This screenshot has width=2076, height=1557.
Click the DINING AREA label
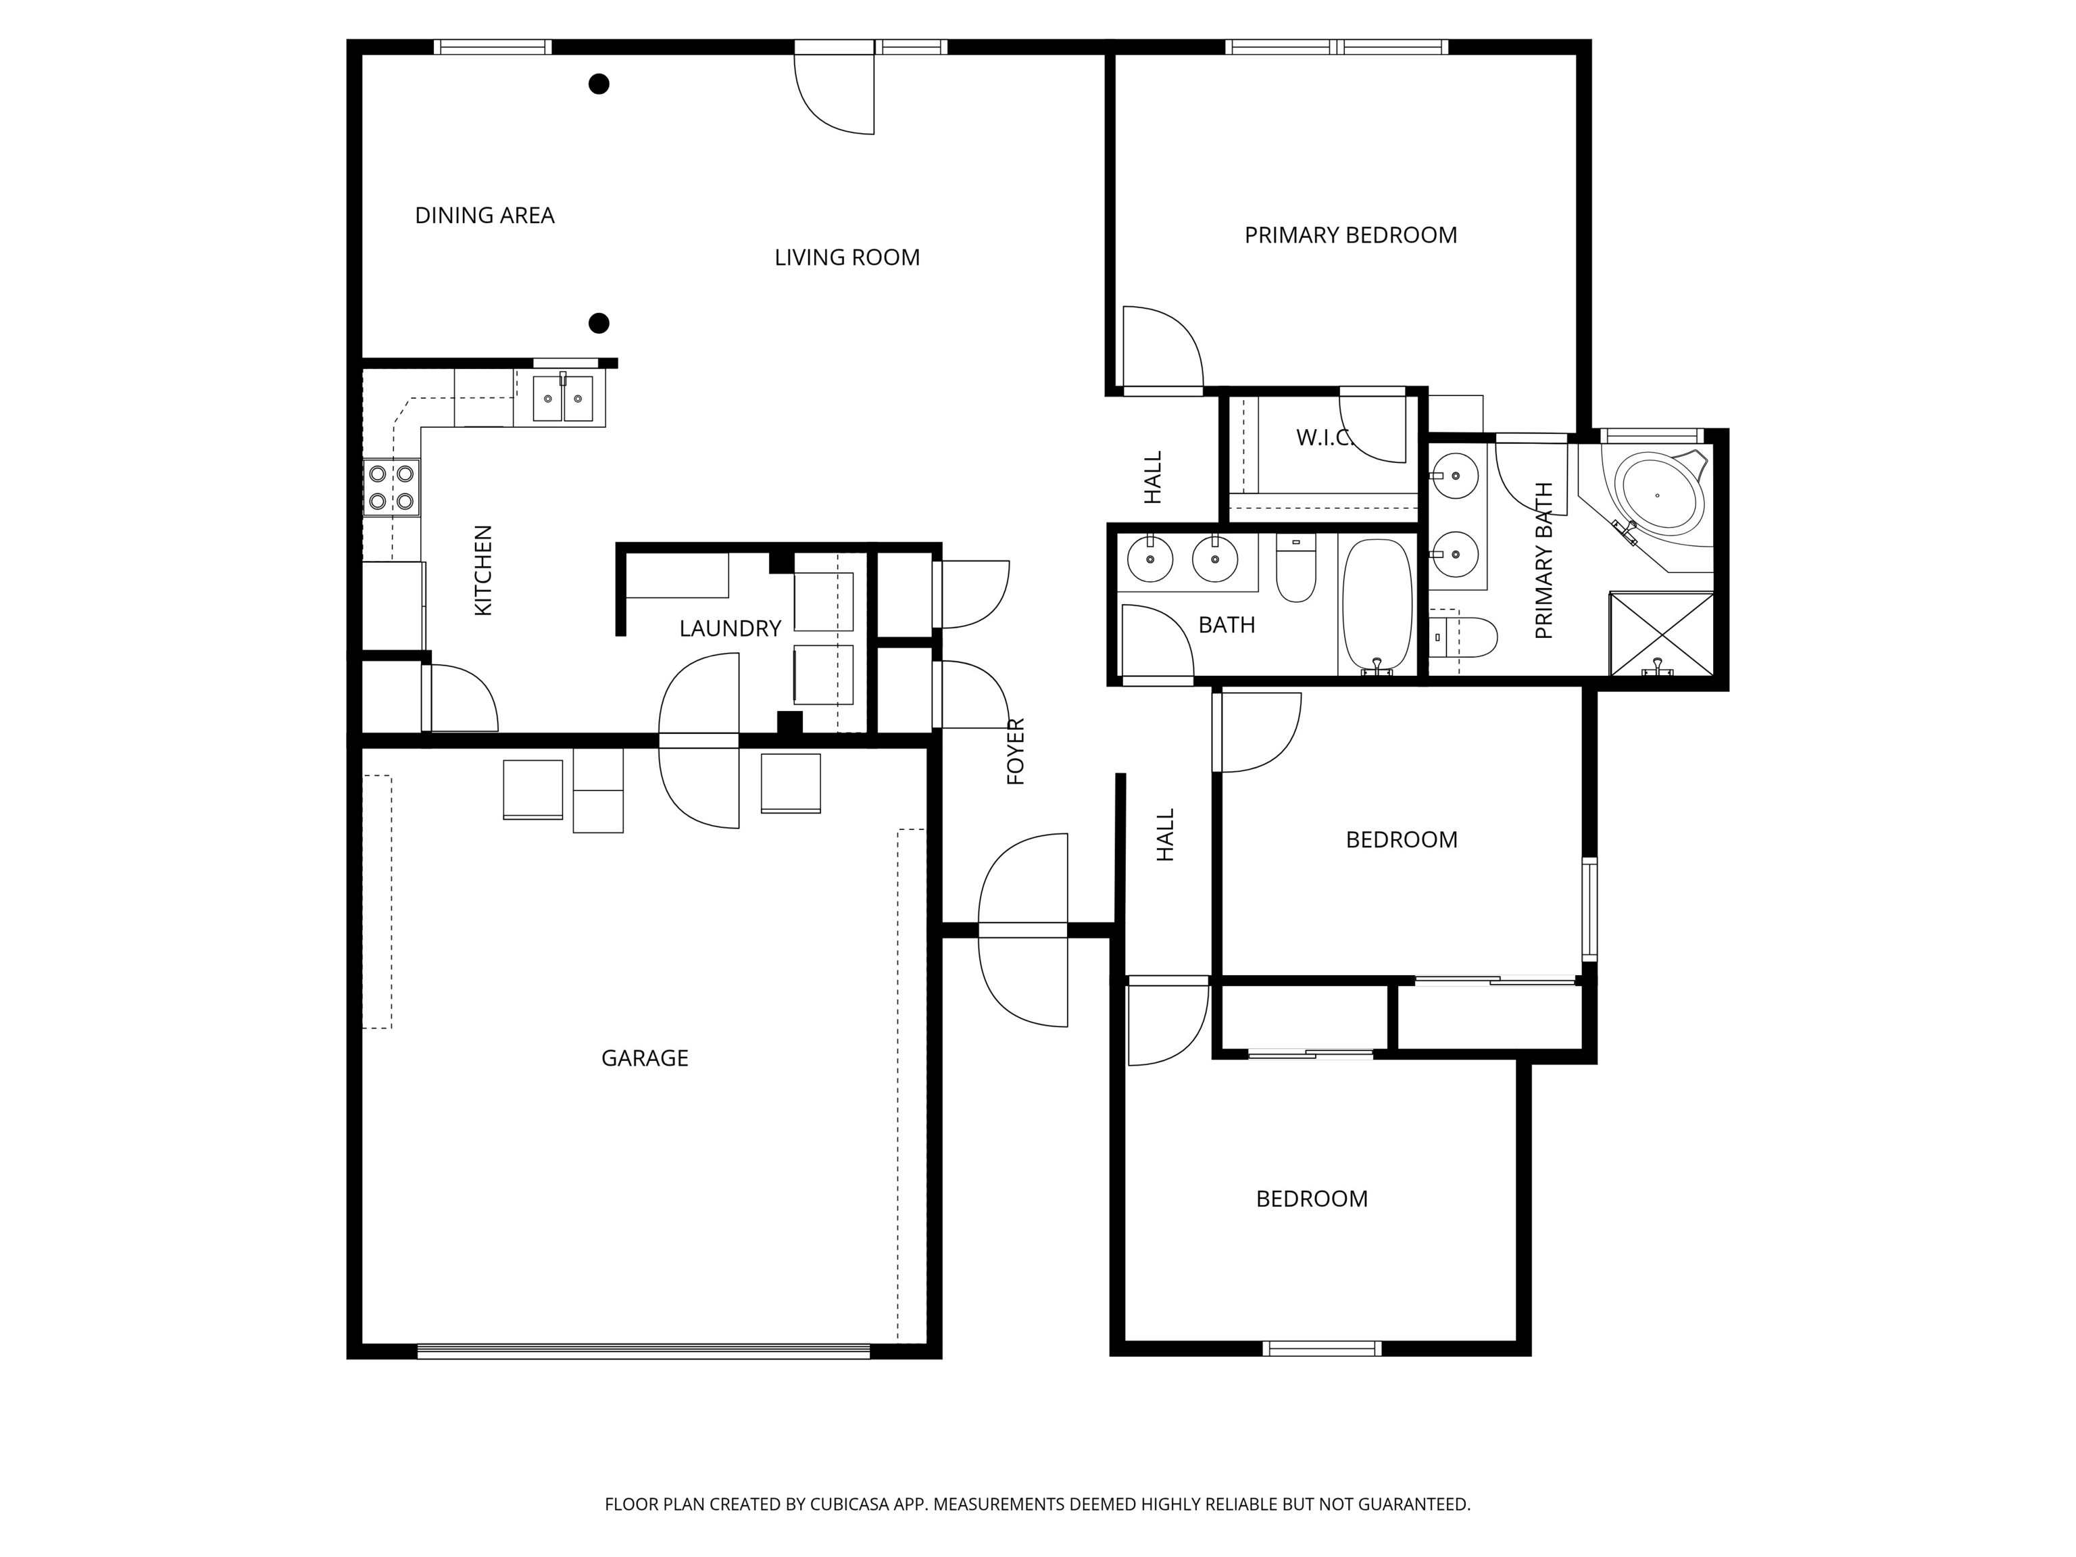click(485, 216)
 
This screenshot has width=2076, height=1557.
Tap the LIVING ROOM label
click(847, 257)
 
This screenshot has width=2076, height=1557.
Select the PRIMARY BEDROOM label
click(1350, 236)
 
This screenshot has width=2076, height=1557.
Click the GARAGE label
click(645, 1059)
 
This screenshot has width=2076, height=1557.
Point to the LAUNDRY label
click(730, 628)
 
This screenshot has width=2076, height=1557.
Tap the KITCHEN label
click(483, 570)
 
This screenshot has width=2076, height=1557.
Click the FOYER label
click(1016, 751)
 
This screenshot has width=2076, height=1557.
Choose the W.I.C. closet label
click(1323, 437)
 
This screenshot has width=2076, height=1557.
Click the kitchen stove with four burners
click(391, 488)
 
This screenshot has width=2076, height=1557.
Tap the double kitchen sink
click(563, 399)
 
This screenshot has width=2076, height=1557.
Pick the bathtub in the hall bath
click(1377, 606)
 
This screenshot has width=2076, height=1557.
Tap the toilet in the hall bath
click(1296, 568)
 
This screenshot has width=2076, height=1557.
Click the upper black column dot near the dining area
click(599, 84)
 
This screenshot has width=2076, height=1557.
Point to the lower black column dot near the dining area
click(599, 324)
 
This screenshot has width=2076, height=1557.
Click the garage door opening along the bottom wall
click(644, 1352)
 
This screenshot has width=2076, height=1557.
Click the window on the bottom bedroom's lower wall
click(1323, 1349)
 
